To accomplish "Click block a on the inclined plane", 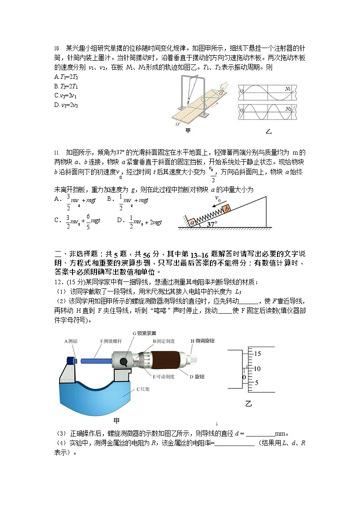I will (x=192, y=223).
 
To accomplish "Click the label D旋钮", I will (x=197, y=376).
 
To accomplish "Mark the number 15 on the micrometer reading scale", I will (x=258, y=353).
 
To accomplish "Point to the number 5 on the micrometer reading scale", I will (x=257, y=383).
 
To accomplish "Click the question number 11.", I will (x=57, y=153).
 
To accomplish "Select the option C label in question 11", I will (x=58, y=220).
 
